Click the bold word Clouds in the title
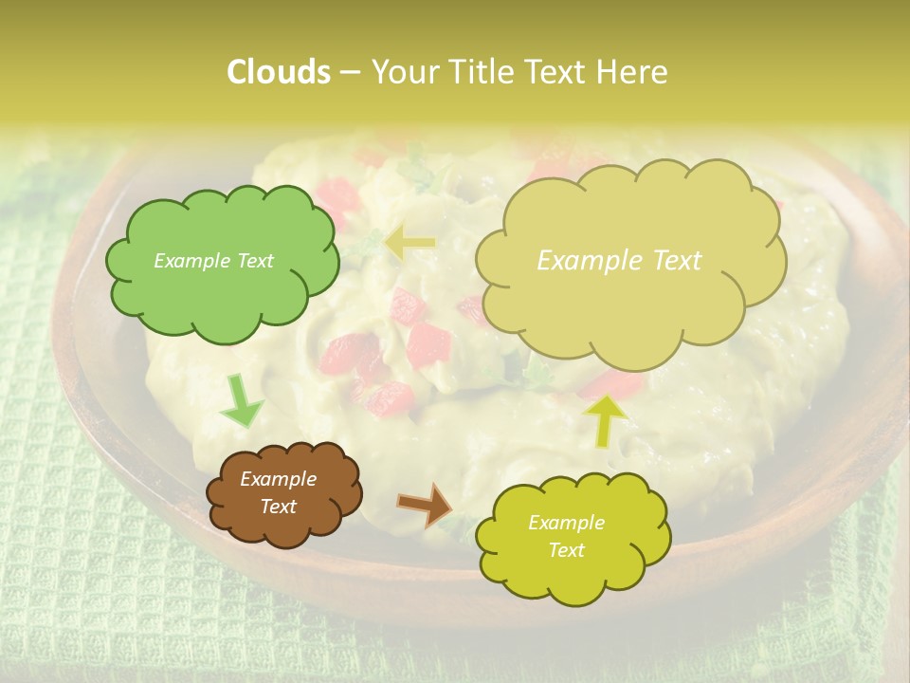pos(278,72)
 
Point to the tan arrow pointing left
pos(409,244)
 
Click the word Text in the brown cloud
pos(279,507)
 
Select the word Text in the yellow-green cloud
pos(566,550)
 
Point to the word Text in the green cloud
pos(255,261)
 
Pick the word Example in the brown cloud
pos(279,480)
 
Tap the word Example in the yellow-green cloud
pos(566,523)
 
